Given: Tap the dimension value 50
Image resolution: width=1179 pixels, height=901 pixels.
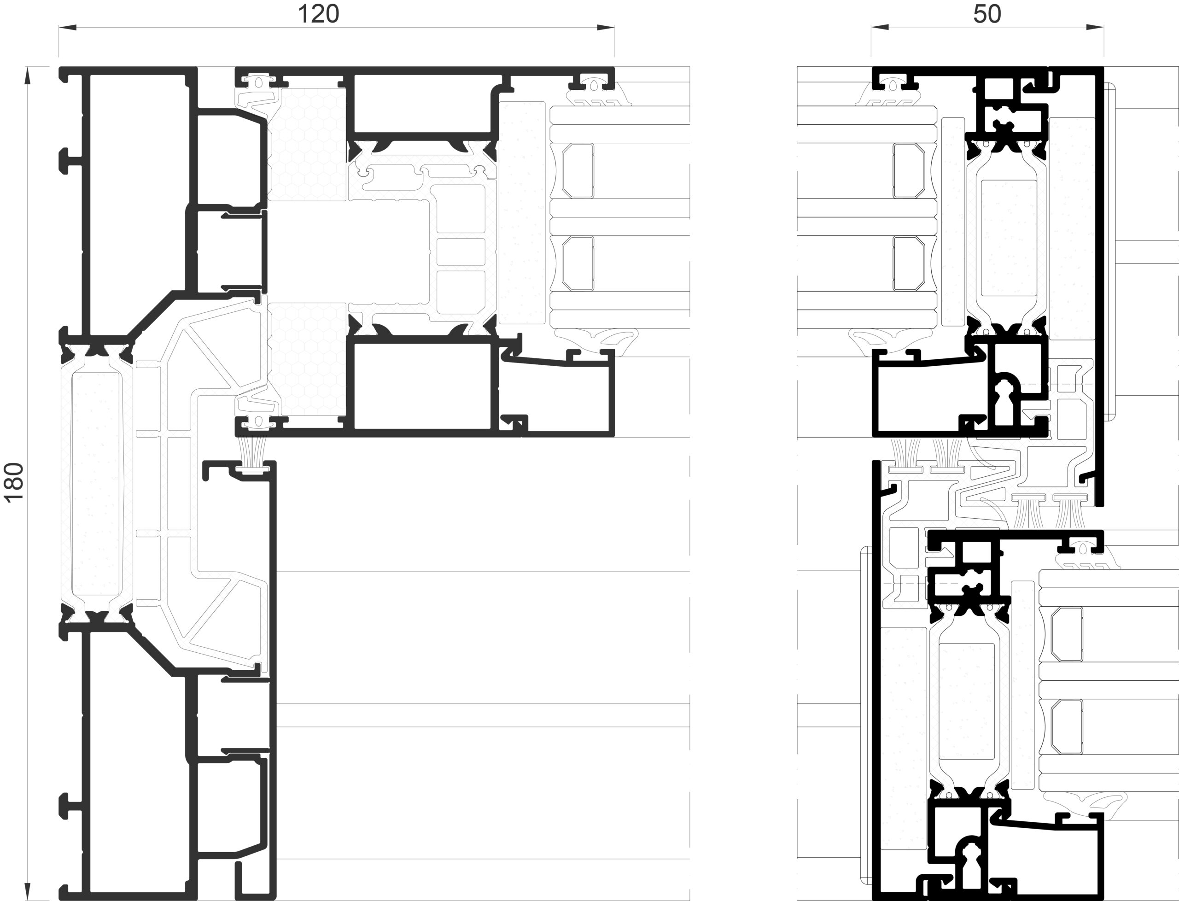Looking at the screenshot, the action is [987, 14].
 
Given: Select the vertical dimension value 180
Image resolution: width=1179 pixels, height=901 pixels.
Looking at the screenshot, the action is [14, 482].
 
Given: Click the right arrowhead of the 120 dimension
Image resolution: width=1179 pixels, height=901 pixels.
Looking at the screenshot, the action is [606, 27].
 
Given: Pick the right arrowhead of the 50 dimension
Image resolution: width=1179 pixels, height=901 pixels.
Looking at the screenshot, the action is [1095, 27].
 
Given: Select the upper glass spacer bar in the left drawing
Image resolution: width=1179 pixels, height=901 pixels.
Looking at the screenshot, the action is [578, 170].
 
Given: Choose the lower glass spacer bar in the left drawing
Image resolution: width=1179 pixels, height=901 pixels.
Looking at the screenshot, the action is [578, 263].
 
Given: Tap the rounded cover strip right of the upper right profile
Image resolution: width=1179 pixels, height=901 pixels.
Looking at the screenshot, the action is [1110, 252].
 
